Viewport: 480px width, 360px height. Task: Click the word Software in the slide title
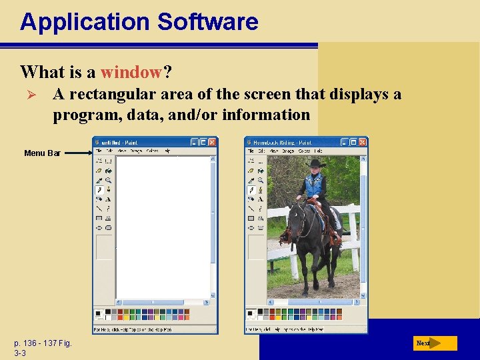pyautogui.click(x=207, y=22)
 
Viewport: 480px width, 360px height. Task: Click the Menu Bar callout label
pyautogui.click(x=42, y=153)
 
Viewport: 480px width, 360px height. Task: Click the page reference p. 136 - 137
pyautogui.click(x=43, y=343)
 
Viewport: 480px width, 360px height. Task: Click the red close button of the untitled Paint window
pyautogui.click(x=213, y=142)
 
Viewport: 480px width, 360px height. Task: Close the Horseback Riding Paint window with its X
pyautogui.click(x=362, y=142)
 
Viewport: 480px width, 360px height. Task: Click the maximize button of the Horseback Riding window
pyautogui.click(x=353, y=142)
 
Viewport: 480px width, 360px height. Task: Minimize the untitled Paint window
pyautogui.click(x=194, y=142)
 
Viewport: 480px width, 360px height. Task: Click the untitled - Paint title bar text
pyautogui.click(x=121, y=143)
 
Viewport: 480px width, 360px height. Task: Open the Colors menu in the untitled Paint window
pyautogui.click(x=153, y=151)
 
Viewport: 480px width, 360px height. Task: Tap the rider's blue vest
pyautogui.click(x=313, y=184)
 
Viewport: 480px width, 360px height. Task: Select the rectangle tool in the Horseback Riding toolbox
pyautogui.click(x=251, y=218)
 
